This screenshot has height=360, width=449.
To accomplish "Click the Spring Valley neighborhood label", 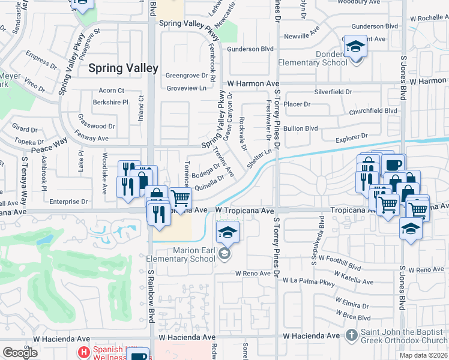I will click(x=123, y=68).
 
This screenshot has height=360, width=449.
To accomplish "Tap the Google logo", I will click(x=20, y=353).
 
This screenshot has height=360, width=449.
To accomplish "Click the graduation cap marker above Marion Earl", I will click(x=228, y=232).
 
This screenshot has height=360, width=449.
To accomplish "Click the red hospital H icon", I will click(x=84, y=350).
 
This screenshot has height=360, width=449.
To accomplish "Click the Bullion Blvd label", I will click(x=301, y=128).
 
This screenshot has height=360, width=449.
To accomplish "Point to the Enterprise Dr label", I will click(x=69, y=202).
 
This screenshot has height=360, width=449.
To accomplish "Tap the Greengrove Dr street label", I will click(x=190, y=76).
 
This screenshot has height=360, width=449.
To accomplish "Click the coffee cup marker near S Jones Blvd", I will click(x=394, y=164).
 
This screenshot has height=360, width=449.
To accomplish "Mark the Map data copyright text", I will click(x=423, y=355).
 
